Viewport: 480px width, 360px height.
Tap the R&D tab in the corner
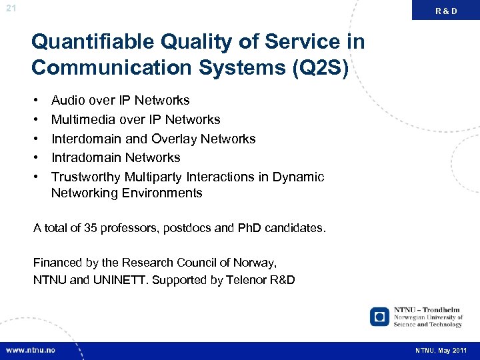click(446, 11)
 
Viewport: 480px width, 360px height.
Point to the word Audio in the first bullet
click(68, 101)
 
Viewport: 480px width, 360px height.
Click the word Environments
click(165, 193)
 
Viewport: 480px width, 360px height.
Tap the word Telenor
click(248, 280)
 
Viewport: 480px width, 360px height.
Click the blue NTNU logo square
click(379, 316)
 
